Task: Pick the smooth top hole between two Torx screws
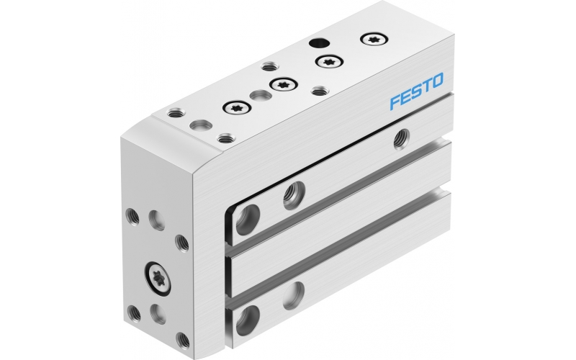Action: click(258, 95)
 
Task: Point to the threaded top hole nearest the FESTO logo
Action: click(320, 91)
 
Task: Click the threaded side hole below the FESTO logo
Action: click(400, 139)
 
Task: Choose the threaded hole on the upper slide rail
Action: click(293, 192)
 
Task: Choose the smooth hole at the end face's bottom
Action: click(157, 313)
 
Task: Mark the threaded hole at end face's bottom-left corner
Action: click(134, 312)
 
